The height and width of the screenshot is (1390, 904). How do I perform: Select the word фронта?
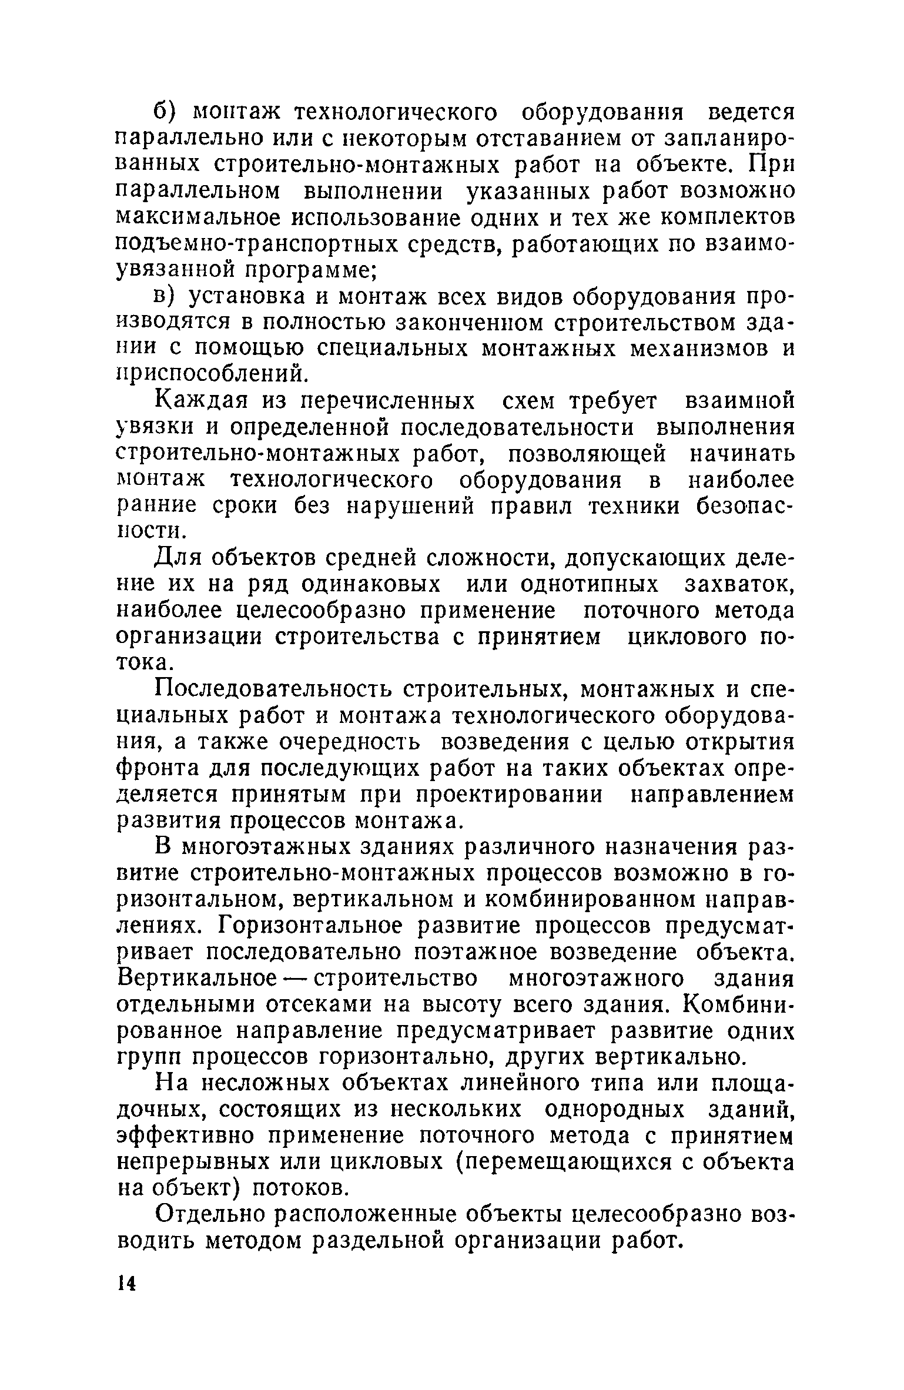(153, 769)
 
